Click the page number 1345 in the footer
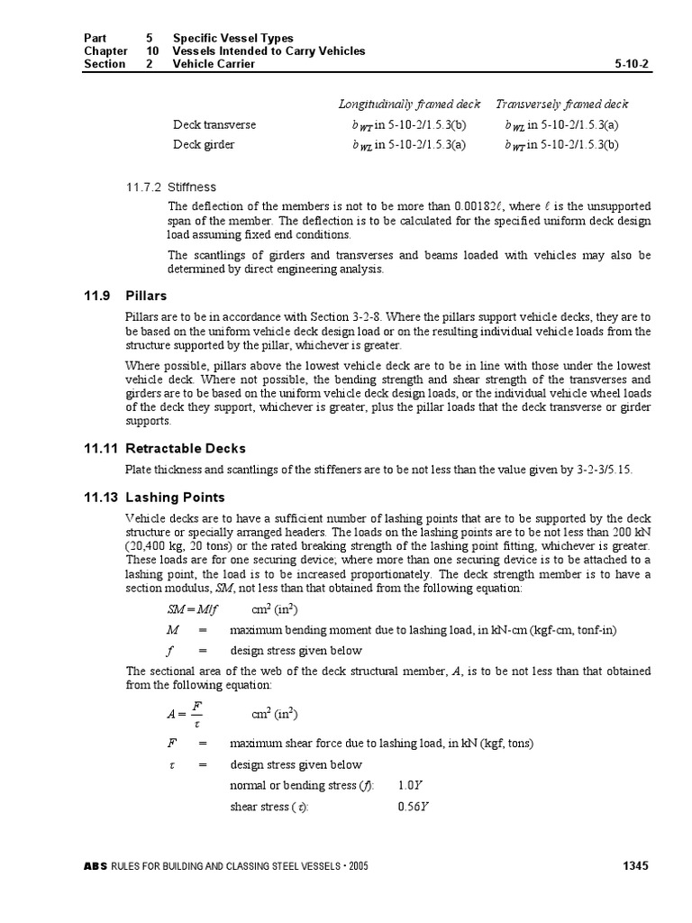(x=635, y=866)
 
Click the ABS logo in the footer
(x=95, y=867)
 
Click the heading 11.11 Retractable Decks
(x=185, y=448)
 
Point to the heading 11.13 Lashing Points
(x=175, y=497)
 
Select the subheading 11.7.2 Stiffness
(x=171, y=187)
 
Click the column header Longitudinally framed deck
(x=409, y=104)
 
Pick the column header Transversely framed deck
(x=562, y=104)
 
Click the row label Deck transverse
(x=214, y=124)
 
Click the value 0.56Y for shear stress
(x=413, y=805)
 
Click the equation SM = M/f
(x=187, y=609)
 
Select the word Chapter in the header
(x=105, y=51)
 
